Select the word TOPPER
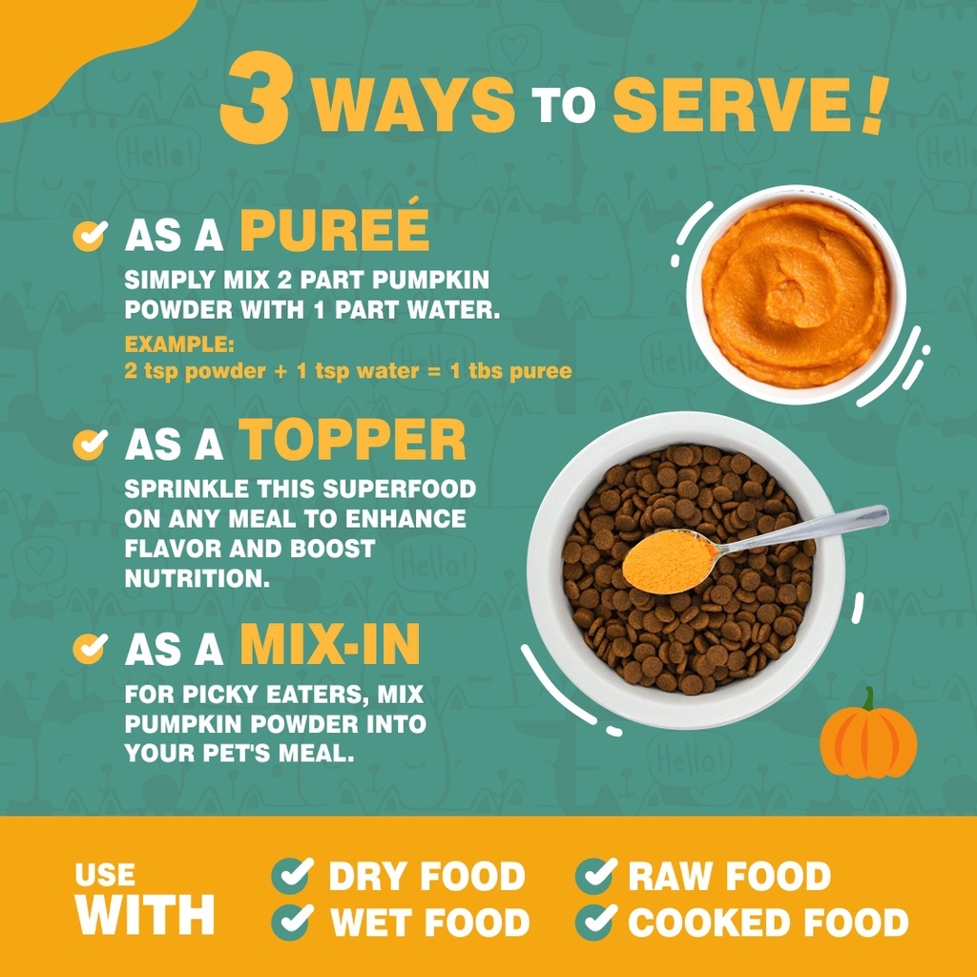coord(352,439)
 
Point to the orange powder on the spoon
coord(668,561)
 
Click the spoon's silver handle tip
coord(883,513)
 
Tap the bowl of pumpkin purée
coord(796,294)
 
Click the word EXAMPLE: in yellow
coord(179,343)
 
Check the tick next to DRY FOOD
coord(292,875)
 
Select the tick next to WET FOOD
coord(292,921)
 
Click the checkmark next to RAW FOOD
coord(596,875)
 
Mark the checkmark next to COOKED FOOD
coord(596,921)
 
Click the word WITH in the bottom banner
coord(145,914)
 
